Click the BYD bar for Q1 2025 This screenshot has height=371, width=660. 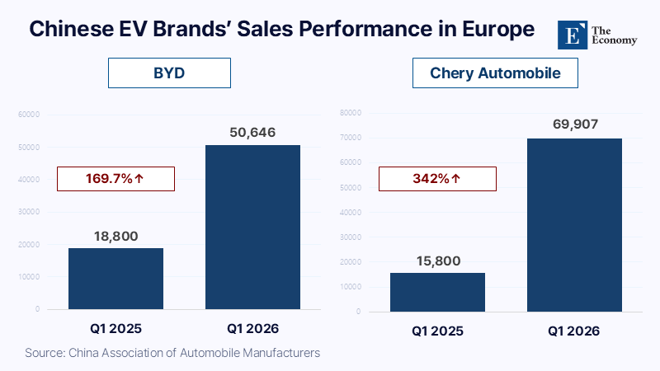(x=115, y=279)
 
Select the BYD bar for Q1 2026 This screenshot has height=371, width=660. (x=252, y=227)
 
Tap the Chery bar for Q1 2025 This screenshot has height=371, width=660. (x=437, y=292)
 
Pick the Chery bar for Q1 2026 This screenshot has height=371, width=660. (x=574, y=224)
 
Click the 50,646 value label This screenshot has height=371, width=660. (x=252, y=132)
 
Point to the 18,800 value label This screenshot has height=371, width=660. (x=115, y=236)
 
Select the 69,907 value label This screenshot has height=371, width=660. (x=574, y=125)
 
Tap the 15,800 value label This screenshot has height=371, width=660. (x=437, y=261)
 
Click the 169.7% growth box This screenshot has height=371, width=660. (x=115, y=178)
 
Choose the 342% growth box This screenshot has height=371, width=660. (x=437, y=178)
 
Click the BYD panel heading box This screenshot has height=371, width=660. (x=169, y=73)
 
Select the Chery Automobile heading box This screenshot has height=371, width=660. (x=495, y=73)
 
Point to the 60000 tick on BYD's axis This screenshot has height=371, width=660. (x=30, y=114)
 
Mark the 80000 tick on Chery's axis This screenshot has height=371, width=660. (x=351, y=112)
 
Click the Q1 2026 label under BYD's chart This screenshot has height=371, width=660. (x=252, y=328)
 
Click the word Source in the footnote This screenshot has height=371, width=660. (x=45, y=353)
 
